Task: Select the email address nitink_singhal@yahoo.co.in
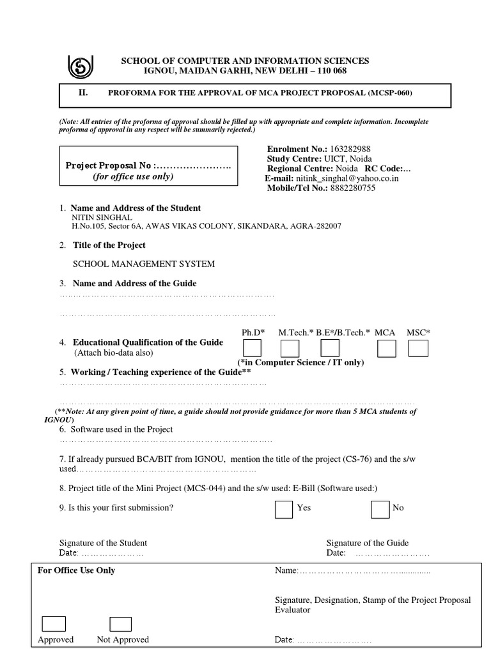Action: (347, 179)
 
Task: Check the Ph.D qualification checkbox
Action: (252, 348)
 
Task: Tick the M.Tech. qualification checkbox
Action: (290, 349)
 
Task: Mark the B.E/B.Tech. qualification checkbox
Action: (330, 348)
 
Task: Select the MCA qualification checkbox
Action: (386, 349)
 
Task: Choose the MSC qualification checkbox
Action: (418, 349)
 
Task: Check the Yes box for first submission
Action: (283, 509)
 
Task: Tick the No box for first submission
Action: (380, 509)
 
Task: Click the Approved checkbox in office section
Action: (54, 624)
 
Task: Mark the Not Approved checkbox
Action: (120, 624)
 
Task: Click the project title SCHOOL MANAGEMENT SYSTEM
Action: (144, 264)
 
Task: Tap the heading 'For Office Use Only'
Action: (77, 570)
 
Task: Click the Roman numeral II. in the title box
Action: (83, 93)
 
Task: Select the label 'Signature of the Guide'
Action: (367, 543)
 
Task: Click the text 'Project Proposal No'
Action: (109, 166)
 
